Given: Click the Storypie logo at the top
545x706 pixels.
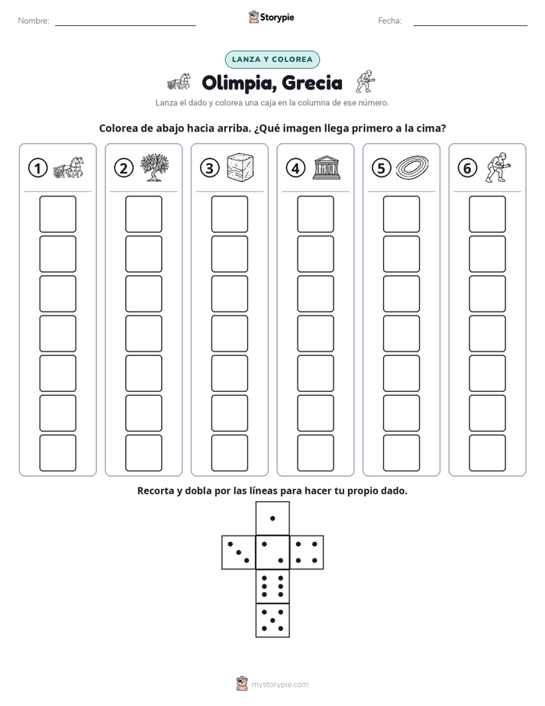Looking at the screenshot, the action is pos(271,18).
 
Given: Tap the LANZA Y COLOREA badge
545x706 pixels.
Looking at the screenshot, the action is pos(272,60).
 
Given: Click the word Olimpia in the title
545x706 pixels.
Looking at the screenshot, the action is pos(238,83).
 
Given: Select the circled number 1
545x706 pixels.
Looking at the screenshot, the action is pos(37,168).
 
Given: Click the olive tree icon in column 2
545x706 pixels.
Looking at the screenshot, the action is pos(154,167).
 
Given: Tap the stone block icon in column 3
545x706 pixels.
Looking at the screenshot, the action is pos(240,167).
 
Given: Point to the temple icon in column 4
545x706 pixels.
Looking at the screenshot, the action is pos(327,167).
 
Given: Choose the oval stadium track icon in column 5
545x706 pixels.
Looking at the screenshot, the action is pos(412,167).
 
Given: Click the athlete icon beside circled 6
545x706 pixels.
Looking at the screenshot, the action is pos(498,167).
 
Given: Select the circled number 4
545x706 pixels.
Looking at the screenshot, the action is pos(295,168).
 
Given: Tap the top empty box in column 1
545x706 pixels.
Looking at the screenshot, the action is pos(57,214).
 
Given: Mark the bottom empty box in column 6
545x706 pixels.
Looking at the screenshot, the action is pos(487,453).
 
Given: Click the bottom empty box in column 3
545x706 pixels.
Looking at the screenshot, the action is pos(229,453).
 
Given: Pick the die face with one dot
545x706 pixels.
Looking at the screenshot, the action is pos(272,518).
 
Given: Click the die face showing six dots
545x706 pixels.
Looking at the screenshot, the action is pos(272,586).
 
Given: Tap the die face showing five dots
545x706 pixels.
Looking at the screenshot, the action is pos(272,620).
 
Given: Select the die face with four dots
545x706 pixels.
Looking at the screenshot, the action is pos(307,552).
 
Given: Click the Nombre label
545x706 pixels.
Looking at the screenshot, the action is pos(34,21).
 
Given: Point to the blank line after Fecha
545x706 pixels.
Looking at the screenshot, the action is pos(470,25).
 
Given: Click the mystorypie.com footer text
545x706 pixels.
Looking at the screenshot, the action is pos(279,685).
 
